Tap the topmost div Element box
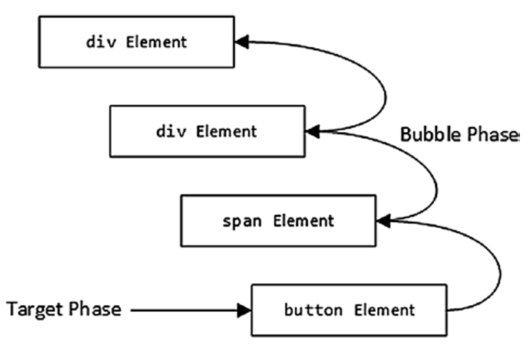[x=137, y=43]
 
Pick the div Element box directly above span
[x=207, y=131]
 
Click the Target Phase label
[x=64, y=310]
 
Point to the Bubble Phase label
[x=459, y=134]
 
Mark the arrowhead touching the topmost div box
[x=242, y=43]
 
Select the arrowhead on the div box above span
[x=313, y=131]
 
